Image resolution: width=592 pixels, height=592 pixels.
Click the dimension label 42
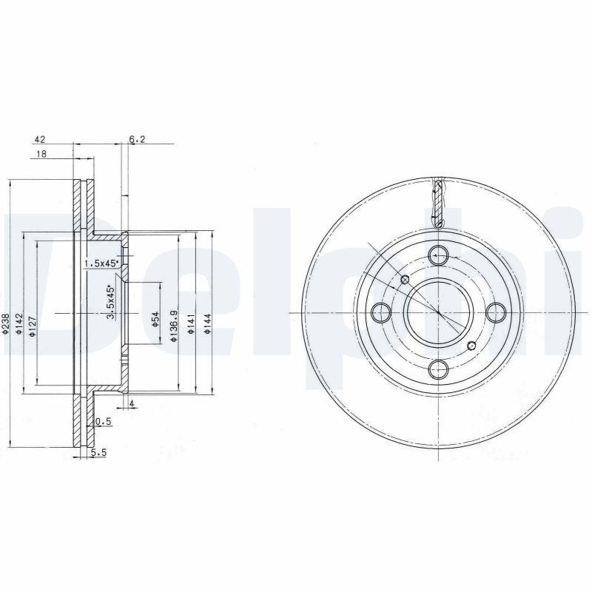[x=40, y=138]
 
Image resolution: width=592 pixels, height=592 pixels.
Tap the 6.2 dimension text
[x=136, y=138]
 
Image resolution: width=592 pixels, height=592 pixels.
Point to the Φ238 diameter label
[x=6, y=323]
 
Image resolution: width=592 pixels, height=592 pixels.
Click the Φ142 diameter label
[x=22, y=325]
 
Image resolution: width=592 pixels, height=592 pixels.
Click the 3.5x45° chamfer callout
[x=111, y=303]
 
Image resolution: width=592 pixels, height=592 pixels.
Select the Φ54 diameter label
[x=155, y=318]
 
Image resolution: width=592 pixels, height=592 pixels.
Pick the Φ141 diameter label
[x=191, y=323]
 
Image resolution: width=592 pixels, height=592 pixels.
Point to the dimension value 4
[x=131, y=403]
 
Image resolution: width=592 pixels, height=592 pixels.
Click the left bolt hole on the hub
[x=381, y=312]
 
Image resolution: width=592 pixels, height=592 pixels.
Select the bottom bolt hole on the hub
[x=438, y=369]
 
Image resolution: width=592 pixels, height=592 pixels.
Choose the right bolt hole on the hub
[x=495, y=312]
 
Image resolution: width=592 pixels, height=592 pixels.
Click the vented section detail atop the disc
[x=438, y=203]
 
